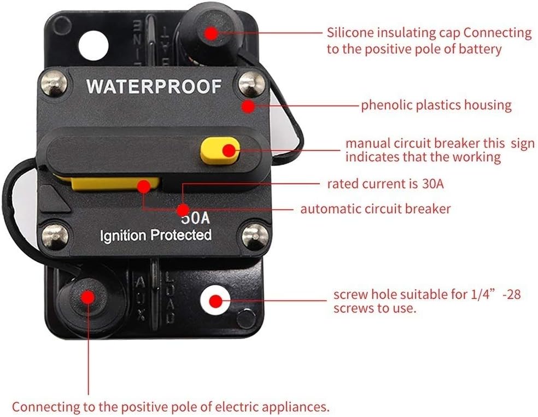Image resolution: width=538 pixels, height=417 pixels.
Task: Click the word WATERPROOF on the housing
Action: [x=154, y=86]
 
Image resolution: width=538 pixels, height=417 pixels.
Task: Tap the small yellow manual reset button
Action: [x=220, y=151]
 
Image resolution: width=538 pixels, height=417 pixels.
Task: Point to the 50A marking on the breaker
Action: [x=196, y=217]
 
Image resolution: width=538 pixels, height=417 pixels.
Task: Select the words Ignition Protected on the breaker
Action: [x=155, y=236]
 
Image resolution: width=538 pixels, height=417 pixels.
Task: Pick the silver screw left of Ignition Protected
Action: [x=55, y=236]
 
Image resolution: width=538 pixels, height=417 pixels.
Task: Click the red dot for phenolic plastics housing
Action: [x=248, y=105]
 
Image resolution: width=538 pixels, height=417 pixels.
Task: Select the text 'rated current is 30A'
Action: [x=385, y=184]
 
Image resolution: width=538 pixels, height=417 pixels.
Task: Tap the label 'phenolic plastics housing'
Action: [x=436, y=105]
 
